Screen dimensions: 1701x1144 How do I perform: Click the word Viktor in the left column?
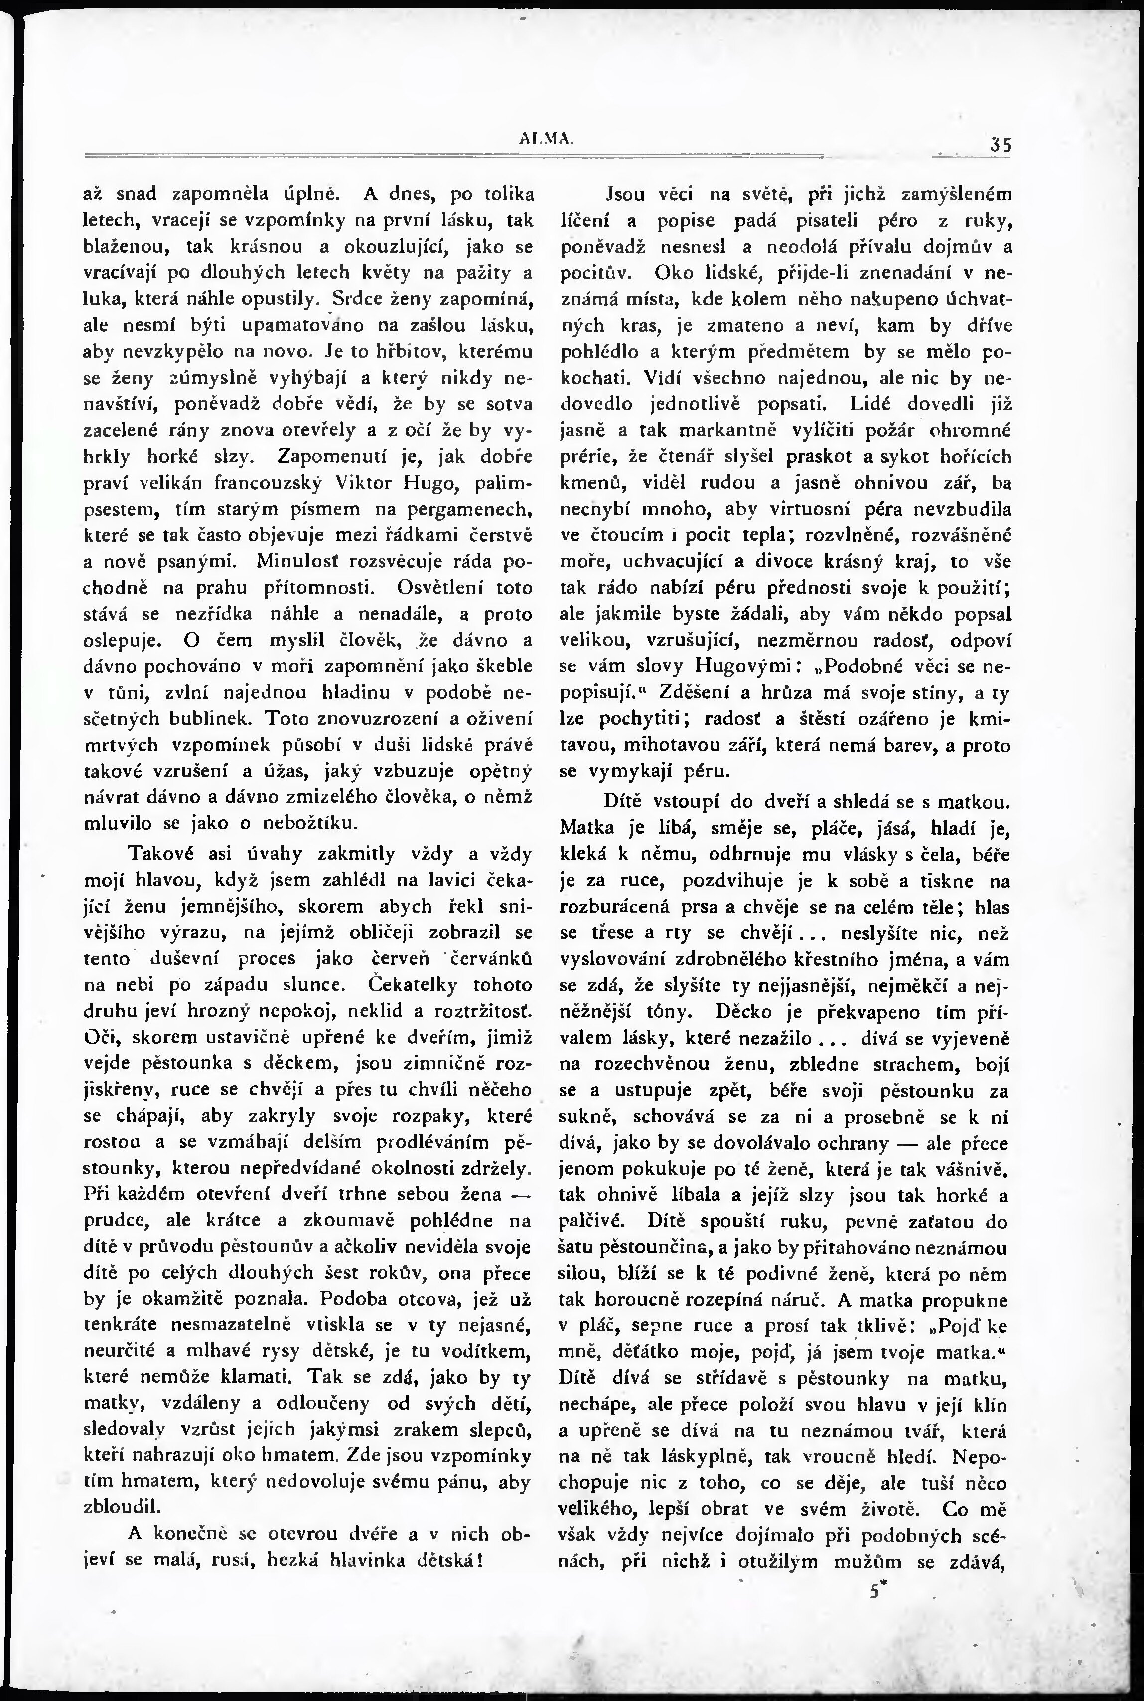[x=366, y=483]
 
